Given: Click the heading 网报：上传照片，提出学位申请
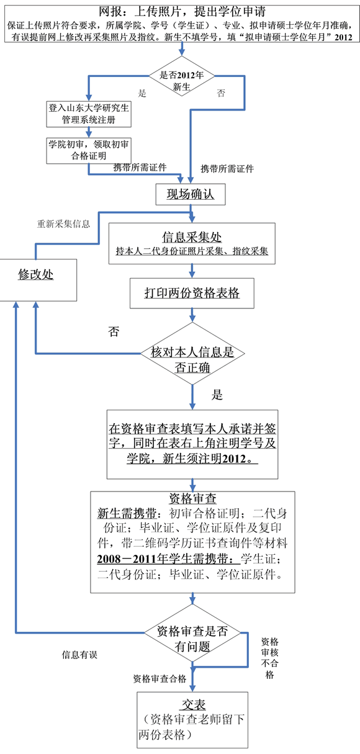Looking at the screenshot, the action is (182, 12).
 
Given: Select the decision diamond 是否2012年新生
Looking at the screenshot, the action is (181, 76).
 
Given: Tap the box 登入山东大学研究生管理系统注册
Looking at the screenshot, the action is (89, 114).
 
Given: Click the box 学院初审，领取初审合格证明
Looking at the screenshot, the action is (89, 150).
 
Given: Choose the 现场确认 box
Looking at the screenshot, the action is (191, 194).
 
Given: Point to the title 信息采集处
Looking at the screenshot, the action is (192, 237).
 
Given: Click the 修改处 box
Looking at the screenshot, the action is (38, 280).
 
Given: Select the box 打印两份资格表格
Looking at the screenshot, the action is (192, 293).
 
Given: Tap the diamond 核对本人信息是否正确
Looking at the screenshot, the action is (192, 354).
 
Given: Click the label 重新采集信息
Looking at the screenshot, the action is (64, 224).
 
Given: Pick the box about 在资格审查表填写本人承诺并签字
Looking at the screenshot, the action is (192, 444).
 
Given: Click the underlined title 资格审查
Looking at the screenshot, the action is (192, 498).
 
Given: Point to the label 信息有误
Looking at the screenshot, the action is (79, 655).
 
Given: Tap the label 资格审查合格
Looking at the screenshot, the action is (160, 679).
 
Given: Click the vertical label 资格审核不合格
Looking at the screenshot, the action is (270, 658).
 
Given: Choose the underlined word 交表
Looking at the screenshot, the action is (194, 705).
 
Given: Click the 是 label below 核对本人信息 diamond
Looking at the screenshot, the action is (217, 395).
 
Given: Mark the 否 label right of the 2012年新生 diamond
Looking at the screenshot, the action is (221, 93).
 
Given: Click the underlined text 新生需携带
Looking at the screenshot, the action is (127, 514).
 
